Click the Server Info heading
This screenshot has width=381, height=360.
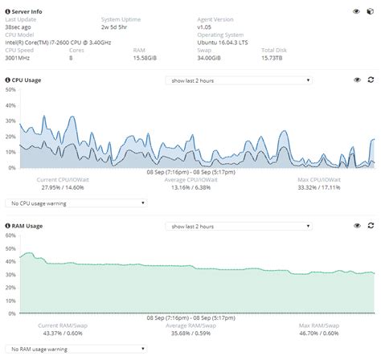(x=25, y=10)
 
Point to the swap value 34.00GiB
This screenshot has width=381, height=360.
(x=210, y=58)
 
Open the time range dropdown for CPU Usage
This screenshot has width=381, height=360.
(x=238, y=80)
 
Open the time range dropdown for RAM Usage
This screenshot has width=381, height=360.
(x=238, y=227)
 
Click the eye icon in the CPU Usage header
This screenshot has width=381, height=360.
(x=357, y=80)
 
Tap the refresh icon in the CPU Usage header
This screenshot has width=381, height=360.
(x=371, y=80)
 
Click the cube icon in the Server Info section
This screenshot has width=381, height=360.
(x=371, y=11)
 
